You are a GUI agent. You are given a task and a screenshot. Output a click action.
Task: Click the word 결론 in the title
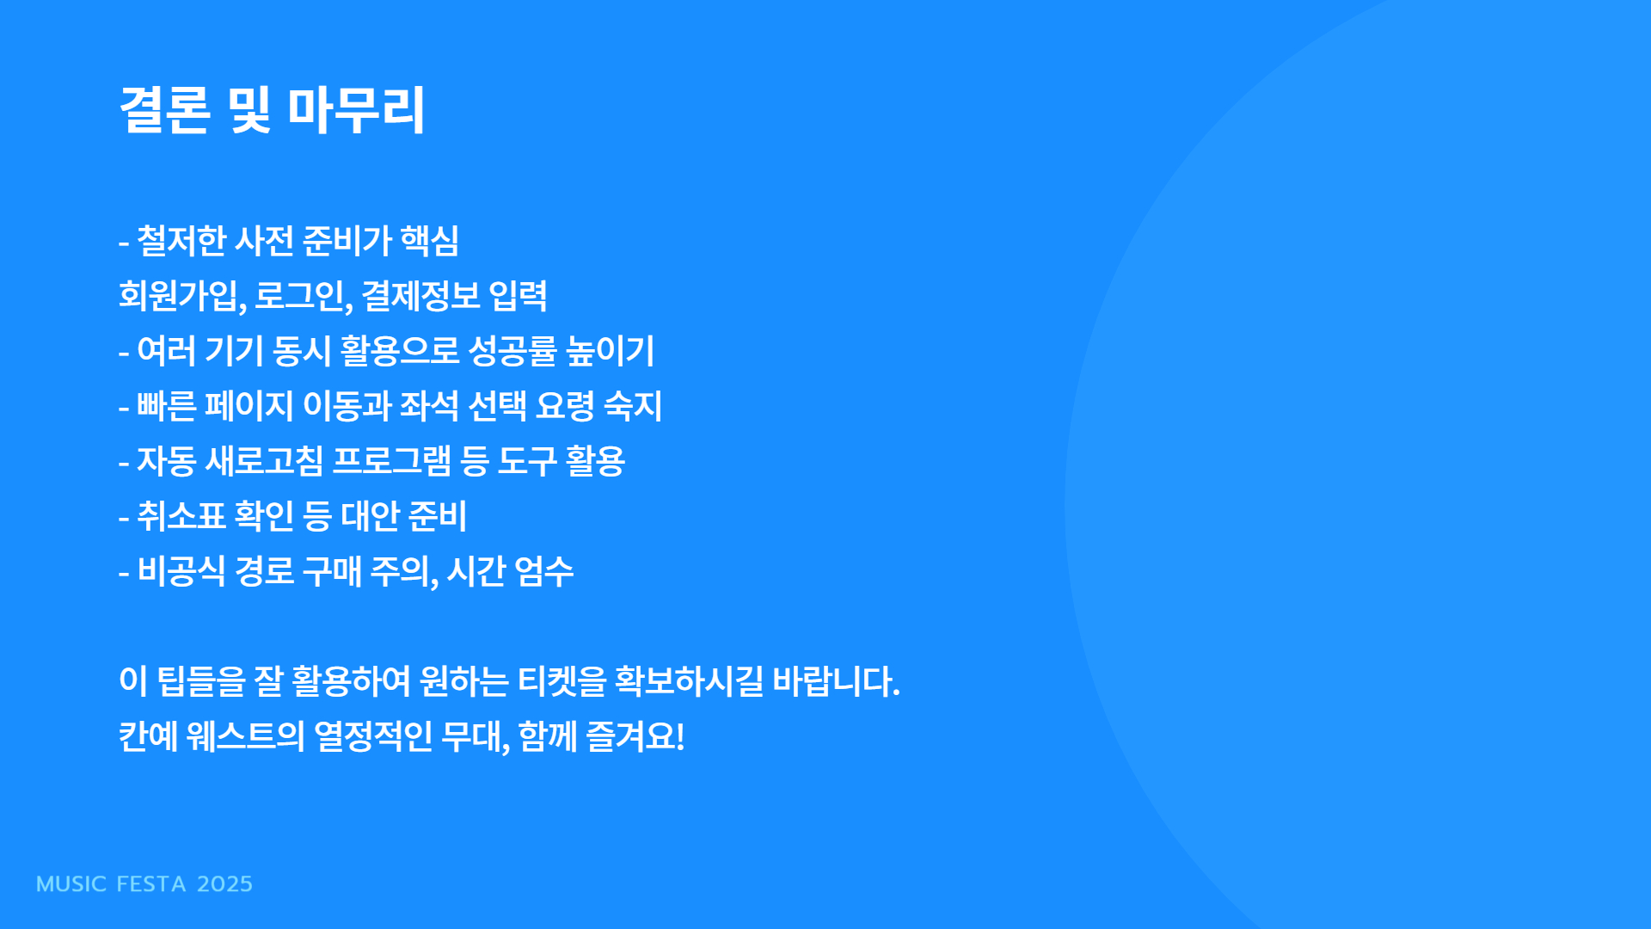coord(164,110)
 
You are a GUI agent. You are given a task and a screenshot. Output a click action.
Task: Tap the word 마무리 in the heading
coord(355,110)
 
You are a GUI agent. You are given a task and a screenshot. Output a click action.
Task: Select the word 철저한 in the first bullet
coord(181,241)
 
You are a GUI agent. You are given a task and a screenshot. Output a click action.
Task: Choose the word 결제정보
coord(420,296)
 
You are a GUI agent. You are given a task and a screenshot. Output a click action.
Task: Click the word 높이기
coord(611,351)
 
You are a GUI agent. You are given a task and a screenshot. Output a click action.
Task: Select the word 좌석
coord(429,406)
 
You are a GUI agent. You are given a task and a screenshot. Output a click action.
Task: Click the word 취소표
coord(181,516)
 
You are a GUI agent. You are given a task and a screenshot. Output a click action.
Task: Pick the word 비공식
coord(181,571)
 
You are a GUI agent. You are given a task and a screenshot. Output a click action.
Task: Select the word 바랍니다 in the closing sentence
coord(836,681)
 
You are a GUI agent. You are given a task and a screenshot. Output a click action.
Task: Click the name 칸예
coord(148,736)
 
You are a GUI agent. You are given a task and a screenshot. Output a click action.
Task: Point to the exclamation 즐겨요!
coord(635,736)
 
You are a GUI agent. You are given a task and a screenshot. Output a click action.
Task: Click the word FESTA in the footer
coord(151,884)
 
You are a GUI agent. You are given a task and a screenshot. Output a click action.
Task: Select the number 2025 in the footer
coord(224,884)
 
